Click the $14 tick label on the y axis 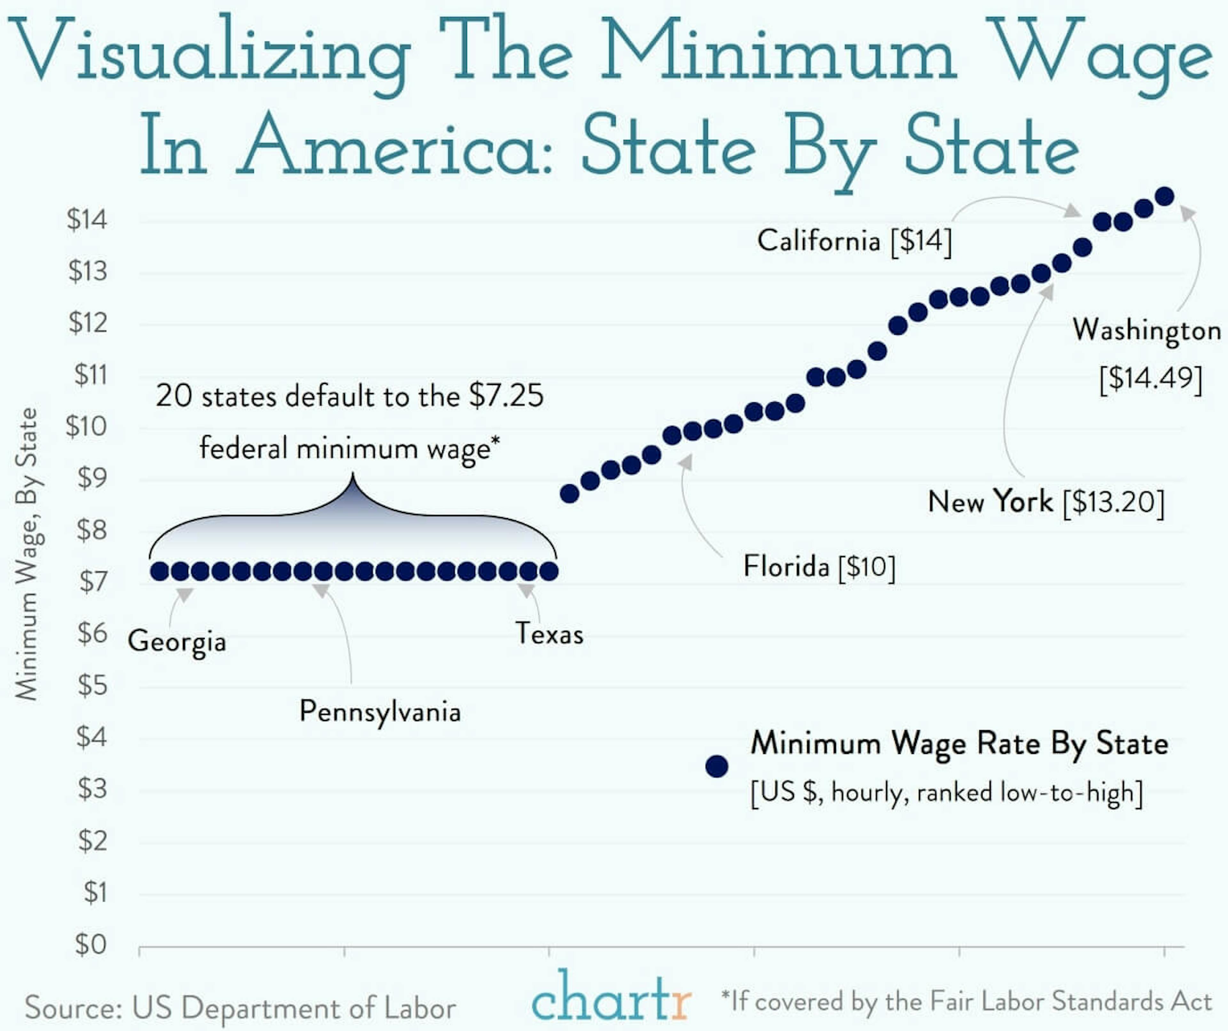87,219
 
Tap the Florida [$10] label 819,566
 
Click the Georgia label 177,641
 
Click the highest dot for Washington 1164,196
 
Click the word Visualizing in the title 208,53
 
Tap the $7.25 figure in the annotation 506,396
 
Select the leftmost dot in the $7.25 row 160,571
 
